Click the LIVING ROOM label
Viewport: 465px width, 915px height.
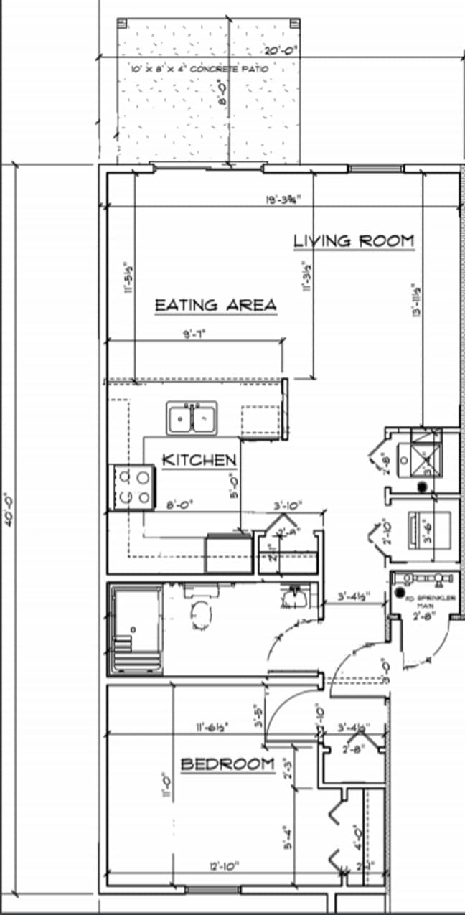point(354,241)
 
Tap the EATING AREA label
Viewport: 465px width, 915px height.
point(216,305)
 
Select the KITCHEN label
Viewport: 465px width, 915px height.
point(199,460)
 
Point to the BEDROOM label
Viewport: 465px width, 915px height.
point(227,764)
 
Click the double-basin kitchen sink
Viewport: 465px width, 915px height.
point(192,418)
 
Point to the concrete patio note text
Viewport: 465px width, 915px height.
point(199,70)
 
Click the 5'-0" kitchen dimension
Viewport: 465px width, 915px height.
point(233,486)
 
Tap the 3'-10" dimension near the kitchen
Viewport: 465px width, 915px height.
point(288,505)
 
